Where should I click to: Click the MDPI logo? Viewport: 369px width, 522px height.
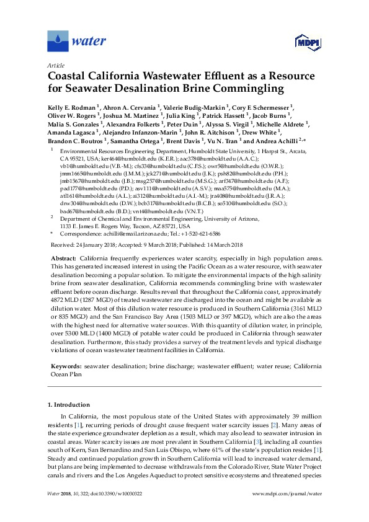tap(301, 42)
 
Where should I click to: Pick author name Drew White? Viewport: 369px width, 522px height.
tap(262, 133)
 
